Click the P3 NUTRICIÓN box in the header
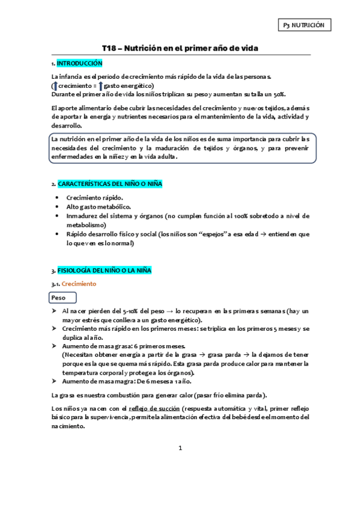[304, 25]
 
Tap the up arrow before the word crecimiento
[55, 86]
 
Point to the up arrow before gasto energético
[101, 86]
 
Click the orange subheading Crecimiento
[79, 284]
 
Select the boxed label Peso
[59, 298]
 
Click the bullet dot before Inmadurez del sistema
[57, 215]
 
